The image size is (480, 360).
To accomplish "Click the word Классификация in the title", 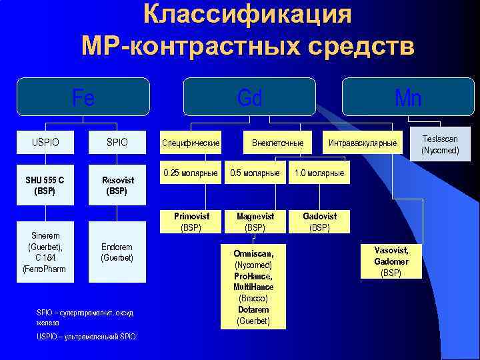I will [247, 15].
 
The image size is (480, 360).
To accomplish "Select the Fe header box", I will [83, 97].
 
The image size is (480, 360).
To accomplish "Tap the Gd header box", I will [249, 97].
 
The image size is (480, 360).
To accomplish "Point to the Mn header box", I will [407, 97].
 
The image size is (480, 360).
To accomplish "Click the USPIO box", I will [45, 142].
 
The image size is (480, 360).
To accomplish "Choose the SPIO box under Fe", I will [117, 142].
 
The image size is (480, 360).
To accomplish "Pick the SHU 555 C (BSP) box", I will [45, 185].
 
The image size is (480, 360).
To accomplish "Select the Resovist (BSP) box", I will [117, 185].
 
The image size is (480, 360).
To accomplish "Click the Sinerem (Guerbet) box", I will [45, 252].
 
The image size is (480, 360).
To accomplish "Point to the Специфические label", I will [191, 143].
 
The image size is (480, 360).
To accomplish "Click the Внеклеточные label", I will [277, 143].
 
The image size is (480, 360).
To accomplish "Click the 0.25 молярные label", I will [191, 173].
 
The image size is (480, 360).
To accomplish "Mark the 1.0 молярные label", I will [319, 173].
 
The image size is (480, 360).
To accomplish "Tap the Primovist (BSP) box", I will [191, 222].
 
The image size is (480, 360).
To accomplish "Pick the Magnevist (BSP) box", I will [255, 222].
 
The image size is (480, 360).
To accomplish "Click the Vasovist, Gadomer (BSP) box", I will [391, 261].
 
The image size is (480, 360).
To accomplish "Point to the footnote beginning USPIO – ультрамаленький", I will [86, 337].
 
